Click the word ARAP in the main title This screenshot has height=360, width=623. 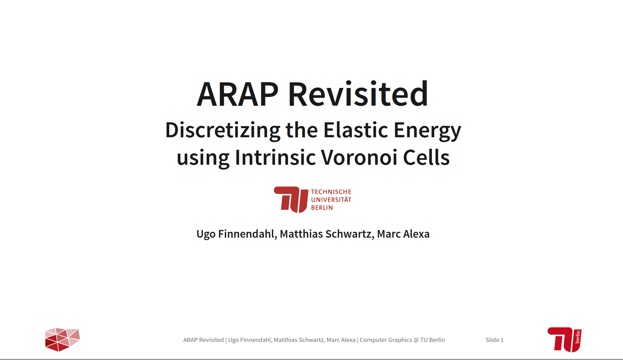click(238, 94)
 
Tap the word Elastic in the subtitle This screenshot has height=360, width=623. click(355, 130)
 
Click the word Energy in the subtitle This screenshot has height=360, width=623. click(427, 131)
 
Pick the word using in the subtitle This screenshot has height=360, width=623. click(203, 158)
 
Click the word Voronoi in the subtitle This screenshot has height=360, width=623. click(359, 157)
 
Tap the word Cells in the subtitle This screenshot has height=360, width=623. click(426, 157)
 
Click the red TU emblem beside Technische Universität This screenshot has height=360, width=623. click(291, 199)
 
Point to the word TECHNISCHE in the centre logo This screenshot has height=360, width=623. click(331, 192)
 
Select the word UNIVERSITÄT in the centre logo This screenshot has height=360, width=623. click(331, 199)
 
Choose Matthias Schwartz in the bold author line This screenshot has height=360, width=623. click(327, 234)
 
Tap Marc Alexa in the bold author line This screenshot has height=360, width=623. click(403, 234)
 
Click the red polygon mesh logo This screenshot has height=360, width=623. click(63, 339)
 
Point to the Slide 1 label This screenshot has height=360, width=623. click(494, 340)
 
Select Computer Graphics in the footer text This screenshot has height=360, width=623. click(386, 340)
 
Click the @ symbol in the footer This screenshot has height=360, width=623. click(416, 340)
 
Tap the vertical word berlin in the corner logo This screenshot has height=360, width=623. click(578, 337)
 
